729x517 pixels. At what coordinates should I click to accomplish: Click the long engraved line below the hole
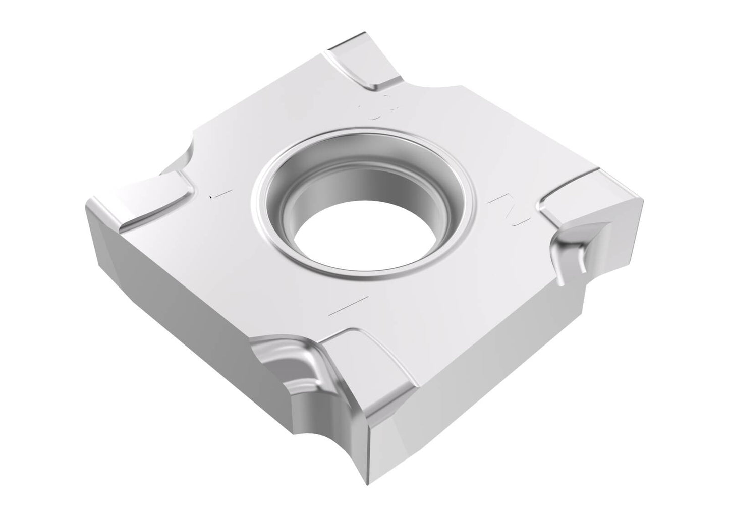(x=348, y=306)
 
